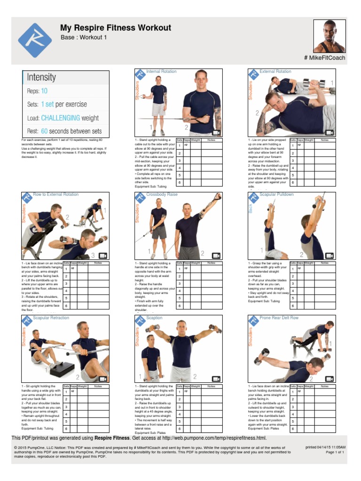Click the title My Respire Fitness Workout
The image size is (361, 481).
(116, 28)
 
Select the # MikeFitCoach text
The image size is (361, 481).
(325, 58)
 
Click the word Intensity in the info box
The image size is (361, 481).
(41, 77)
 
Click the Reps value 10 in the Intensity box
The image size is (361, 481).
(44, 91)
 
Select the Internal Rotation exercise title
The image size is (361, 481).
(161, 71)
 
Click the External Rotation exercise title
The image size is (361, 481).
(275, 71)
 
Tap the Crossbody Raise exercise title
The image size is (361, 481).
(162, 194)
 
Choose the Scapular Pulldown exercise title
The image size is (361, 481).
(276, 194)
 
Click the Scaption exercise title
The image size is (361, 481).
(154, 318)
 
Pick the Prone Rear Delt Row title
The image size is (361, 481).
(279, 318)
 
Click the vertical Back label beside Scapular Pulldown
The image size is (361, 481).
(251, 208)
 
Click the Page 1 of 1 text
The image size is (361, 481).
(335, 452)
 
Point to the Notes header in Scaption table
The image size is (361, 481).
(212, 386)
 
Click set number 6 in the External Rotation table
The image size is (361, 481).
(292, 182)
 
